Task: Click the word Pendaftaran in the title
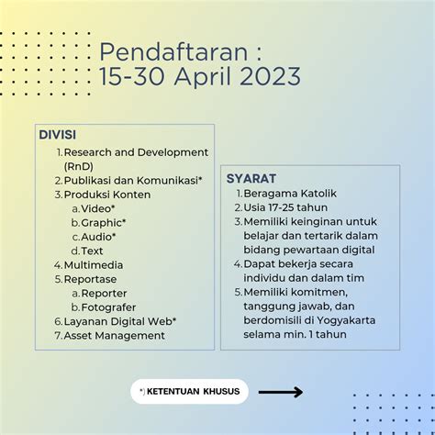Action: click(x=173, y=52)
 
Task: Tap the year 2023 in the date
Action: click(x=270, y=76)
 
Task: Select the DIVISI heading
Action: click(x=58, y=135)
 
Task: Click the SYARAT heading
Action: click(x=251, y=179)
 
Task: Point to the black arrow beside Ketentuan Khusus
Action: click(x=281, y=392)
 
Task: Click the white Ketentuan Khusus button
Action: click(x=189, y=392)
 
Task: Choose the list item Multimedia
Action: click(x=94, y=265)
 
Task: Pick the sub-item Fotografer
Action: click(x=108, y=307)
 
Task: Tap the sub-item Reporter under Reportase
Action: click(x=104, y=293)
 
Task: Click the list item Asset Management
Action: click(x=114, y=335)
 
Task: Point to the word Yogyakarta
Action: click(x=346, y=320)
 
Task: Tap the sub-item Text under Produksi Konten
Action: click(x=92, y=251)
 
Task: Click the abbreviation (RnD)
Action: click(x=79, y=166)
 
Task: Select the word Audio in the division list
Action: click(x=96, y=237)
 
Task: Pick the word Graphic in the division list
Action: click(x=101, y=223)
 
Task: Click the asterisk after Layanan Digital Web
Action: click(x=174, y=318)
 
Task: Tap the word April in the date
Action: click(x=203, y=77)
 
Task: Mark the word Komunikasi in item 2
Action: click(x=167, y=181)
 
